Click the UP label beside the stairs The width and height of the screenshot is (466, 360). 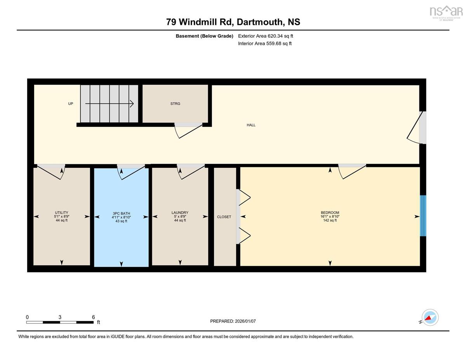point(71,104)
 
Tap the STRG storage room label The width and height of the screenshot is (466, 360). point(175,104)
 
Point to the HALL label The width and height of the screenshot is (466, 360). point(251,125)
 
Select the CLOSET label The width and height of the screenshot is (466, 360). point(224,217)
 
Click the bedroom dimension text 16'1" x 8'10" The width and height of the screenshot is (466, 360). point(330,217)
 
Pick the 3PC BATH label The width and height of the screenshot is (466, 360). point(122,214)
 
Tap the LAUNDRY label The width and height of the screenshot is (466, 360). point(180,213)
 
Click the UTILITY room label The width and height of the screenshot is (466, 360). point(61,213)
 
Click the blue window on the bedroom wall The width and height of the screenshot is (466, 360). point(423,216)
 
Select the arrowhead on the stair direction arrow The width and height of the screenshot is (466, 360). point(132,104)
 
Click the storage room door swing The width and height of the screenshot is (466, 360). point(188,131)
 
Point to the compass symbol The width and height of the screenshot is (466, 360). point(430,318)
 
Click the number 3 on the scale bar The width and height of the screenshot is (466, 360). point(60,317)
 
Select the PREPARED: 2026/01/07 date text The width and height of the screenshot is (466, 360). point(233,321)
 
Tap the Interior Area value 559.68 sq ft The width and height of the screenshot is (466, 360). point(279,43)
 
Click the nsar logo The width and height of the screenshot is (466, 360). point(445,13)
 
